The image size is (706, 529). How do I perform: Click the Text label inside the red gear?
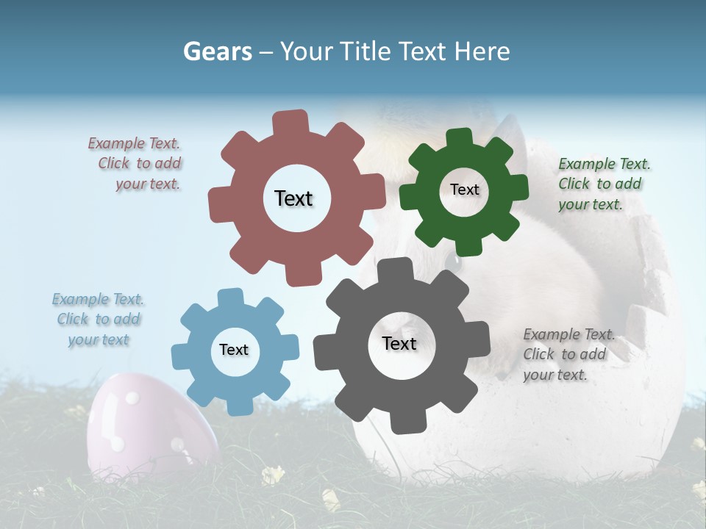pyautogui.click(x=293, y=198)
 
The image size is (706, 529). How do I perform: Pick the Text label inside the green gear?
pyautogui.click(x=464, y=190)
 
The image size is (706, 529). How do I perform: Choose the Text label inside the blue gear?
pyautogui.click(x=234, y=350)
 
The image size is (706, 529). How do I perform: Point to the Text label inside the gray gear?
pyautogui.click(x=399, y=343)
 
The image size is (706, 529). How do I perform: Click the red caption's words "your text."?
pyautogui.click(x=148, y=184)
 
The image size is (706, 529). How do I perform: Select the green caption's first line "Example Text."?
pyautogui.click(x=604, y=164)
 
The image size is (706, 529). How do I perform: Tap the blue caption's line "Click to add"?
pyautogui.click(x=99, y=319)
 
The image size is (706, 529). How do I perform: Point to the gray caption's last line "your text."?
pyautogui.click(x=555, y=375)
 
